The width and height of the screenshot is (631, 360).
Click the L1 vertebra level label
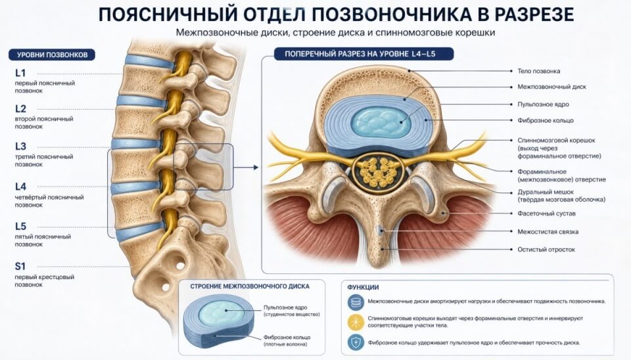(x=20, y=73)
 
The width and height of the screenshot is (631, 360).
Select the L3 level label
(x=20, y=146)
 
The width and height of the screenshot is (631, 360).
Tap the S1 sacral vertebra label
(x=20, y=266)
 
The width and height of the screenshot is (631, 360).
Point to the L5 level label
(x=20, y=227)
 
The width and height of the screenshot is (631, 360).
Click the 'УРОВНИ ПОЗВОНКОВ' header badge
(x=52, y=55)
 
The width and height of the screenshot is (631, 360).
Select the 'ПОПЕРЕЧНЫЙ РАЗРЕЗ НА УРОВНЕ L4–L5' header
(x=363, y=54)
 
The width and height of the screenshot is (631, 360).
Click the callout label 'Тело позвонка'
(x=538, y=71)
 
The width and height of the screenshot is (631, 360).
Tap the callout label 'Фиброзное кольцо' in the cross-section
(x=546, y=120)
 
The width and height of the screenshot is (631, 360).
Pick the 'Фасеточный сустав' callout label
(x=546, y=214)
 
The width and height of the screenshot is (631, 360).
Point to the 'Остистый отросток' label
(x=546, y=250)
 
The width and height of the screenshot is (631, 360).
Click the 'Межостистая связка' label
(x=548, y=232)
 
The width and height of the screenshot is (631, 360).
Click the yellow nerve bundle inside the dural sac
(x=378, y=172)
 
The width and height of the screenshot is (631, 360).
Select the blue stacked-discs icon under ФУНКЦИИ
(x=356, y=302)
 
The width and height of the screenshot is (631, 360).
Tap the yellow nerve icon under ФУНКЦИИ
(x=356, y=322)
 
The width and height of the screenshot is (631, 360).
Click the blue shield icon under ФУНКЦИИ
(x=356, y=343)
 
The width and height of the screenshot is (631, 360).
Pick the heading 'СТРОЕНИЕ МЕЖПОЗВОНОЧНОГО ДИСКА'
(x=250, y=286)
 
